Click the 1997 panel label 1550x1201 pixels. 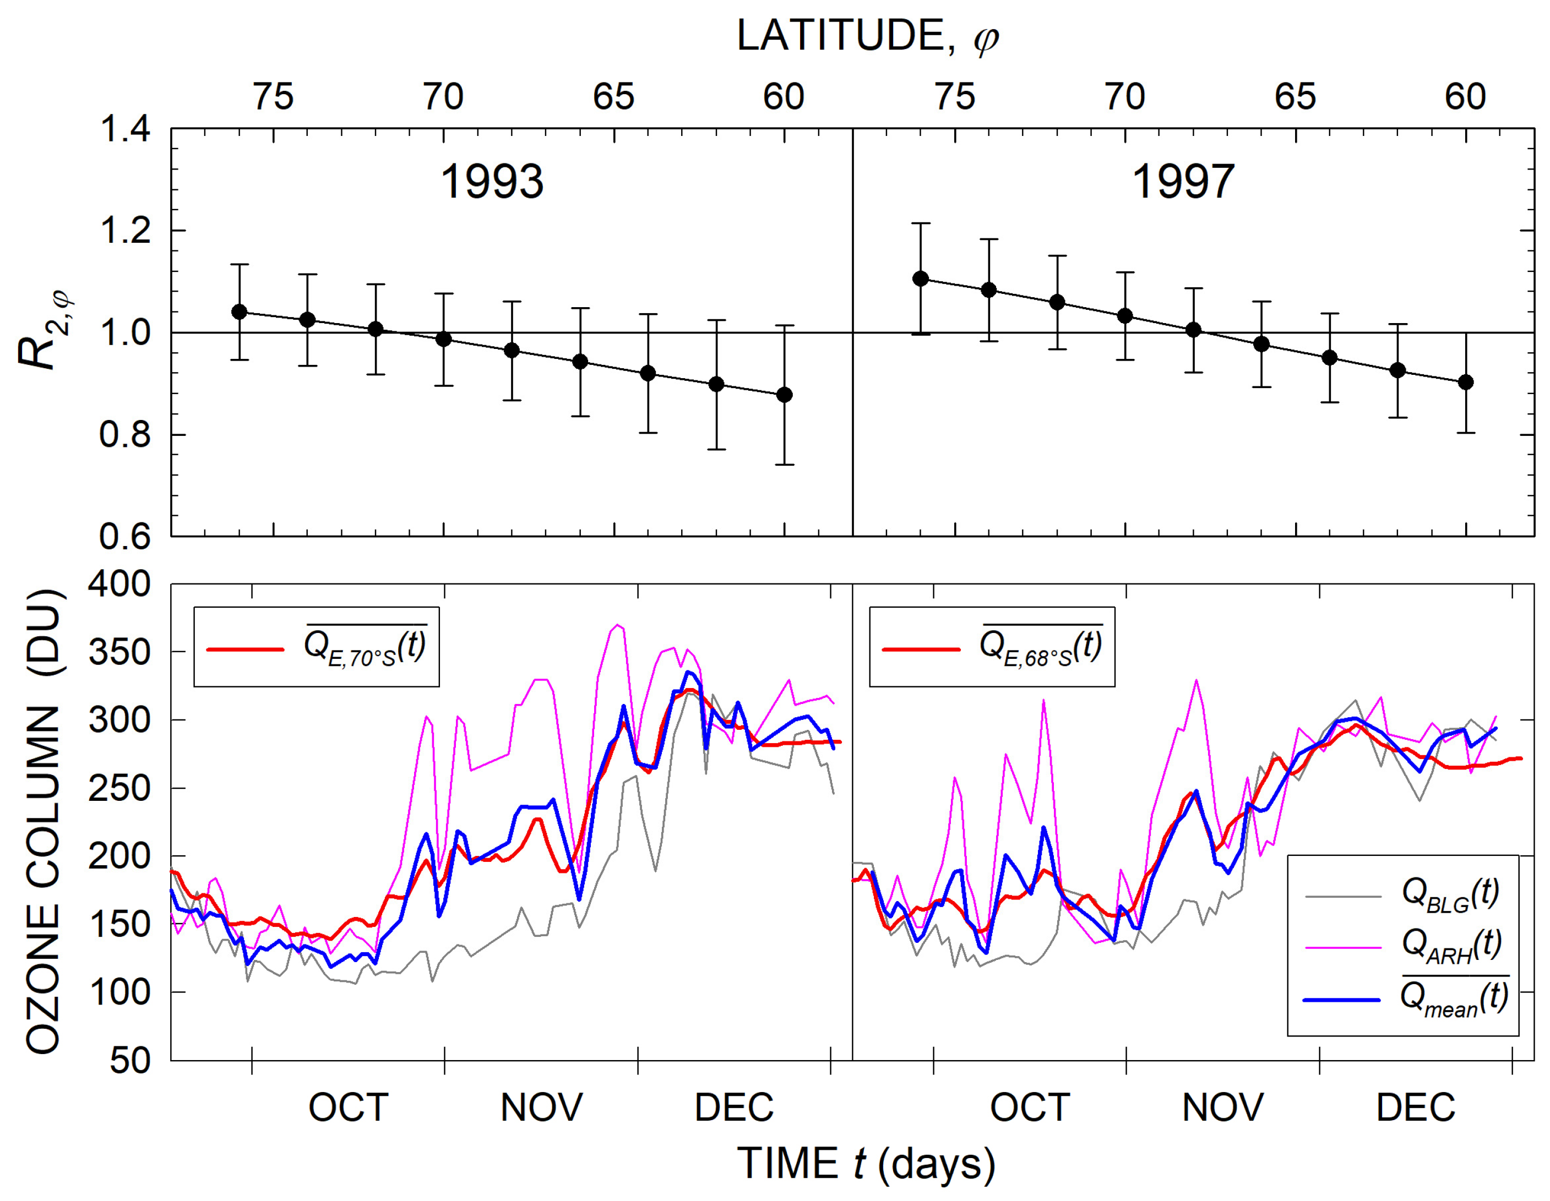pos(1183,182)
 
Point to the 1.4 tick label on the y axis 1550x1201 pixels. pos(125,129)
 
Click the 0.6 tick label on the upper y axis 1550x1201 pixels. pos(125,536)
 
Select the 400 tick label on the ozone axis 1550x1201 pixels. pos(119,585)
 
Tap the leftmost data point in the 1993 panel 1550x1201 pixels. pos(240,312)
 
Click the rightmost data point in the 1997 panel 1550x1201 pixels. pos(1466,383)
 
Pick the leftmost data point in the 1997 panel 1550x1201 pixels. pos(921,279)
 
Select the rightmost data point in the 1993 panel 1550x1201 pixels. pos(784,395)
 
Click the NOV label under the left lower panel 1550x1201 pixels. pos(541,1107)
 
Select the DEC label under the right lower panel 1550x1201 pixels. pos(1415,1107)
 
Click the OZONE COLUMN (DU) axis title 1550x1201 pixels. pos(44,821)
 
